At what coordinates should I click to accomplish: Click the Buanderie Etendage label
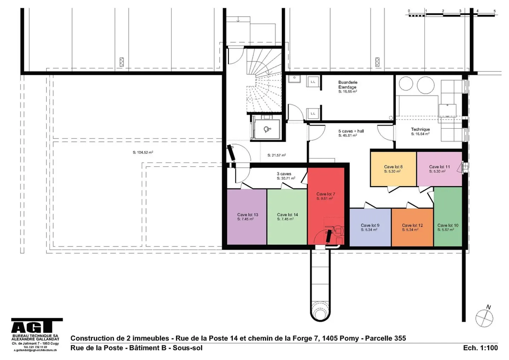point(347,85)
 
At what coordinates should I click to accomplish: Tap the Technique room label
point(420,129)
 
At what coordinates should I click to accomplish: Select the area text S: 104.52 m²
point(143,152)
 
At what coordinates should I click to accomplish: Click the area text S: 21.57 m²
point(276,155)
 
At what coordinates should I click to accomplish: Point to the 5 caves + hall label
point(351,131)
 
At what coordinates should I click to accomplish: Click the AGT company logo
point(37,326)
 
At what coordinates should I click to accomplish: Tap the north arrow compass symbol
point(484,317)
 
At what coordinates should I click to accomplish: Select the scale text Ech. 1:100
point(480,348)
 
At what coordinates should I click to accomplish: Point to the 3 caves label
point(284,174)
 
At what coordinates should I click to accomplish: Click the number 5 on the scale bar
point(495,11)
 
